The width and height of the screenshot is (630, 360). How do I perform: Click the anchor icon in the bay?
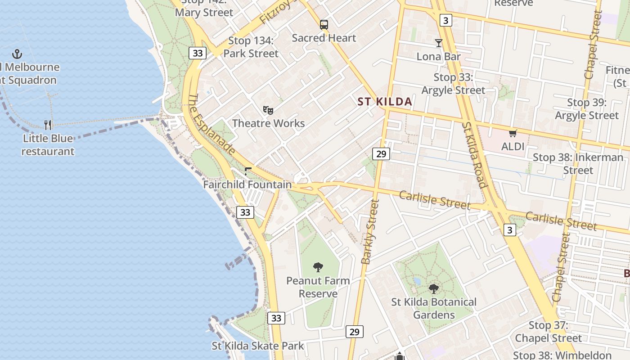click(x=17, y=54)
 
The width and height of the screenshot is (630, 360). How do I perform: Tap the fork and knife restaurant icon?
click(x=48, y=125)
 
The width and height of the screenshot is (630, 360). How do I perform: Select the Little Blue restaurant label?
click(x=48, y=144)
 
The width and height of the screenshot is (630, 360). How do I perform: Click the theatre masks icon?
click(x=268, y=110)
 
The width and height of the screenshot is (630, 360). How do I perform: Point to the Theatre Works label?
click(x=268, y=123)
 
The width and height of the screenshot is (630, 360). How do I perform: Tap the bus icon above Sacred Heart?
click(x=324, y=25)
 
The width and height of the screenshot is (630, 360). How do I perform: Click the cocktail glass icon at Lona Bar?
click(x=439, y=43)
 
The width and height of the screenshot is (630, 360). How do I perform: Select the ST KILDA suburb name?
click(x=385, y=102)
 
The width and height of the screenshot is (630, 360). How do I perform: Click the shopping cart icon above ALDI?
click(x=513, y=133)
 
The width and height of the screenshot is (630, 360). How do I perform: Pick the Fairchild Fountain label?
click(x=247, y=184)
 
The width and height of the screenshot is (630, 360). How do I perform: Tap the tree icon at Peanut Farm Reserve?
click(x=318, y=267)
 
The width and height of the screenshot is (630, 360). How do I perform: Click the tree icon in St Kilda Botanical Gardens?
click(x=434, y=288)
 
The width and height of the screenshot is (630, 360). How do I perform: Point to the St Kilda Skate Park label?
click(x=258, y=346)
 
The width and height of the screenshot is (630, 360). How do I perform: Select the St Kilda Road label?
click(x=475, y=154)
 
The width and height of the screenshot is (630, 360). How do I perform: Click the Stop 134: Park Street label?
click(x=251, y=47)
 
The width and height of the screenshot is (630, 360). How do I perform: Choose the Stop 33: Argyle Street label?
click(x=453, y=84)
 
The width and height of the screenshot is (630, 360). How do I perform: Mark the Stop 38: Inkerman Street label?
click(x=578, y=164)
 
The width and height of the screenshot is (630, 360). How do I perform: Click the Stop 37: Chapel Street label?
click(x=548, y=332)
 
